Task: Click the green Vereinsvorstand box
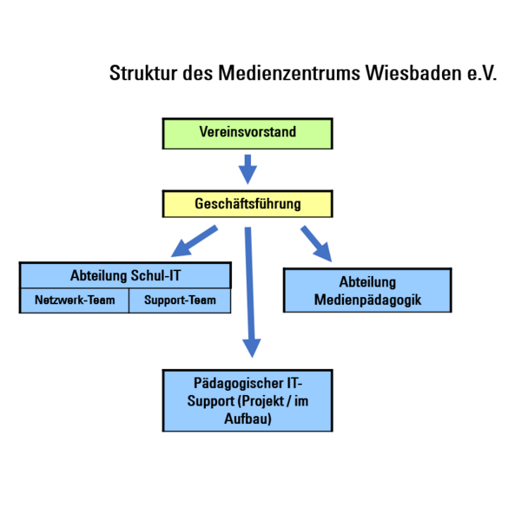point(247,134)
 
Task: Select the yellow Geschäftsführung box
point(247,204)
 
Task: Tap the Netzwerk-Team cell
point(75,300)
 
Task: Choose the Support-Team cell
point(180,300)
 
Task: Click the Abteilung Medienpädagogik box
point(367,290)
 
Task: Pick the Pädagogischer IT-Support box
point(247,400)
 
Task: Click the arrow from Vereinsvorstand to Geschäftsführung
point(247,169)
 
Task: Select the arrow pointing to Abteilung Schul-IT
point(195,241)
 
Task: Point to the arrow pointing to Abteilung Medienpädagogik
point(316,244)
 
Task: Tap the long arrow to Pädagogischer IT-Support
point(250,293)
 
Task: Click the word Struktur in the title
point(143,73)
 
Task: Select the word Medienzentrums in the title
point(289,73)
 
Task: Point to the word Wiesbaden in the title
point(413,73)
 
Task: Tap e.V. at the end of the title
point(482,74)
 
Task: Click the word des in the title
point(198,73)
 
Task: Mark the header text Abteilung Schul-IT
point(126,275)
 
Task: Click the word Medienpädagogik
point(367,300)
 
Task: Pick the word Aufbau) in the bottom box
point(247,419)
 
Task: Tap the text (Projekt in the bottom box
point(261,401)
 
